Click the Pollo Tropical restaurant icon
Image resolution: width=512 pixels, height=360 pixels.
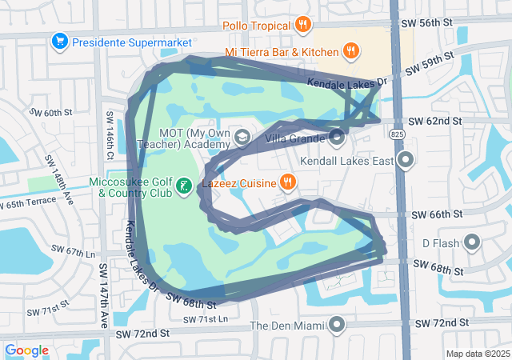(x=302, y=25)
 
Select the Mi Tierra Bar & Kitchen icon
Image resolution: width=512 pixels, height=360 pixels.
(x=350, y=53)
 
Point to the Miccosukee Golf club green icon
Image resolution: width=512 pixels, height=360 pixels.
(x=183, y=186)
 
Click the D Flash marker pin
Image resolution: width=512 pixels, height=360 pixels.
(x=472, y=242)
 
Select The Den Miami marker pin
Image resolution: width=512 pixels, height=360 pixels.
(x=337, y=325)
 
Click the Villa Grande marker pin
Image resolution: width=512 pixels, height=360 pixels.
(x=337, y=138)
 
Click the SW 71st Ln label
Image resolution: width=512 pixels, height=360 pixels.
(x=205, y=320)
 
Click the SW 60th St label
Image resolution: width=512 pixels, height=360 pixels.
(x=50, y=113)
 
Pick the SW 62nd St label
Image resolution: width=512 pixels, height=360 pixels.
(x=435, y=121)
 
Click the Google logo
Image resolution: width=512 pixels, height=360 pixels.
(x=26, y=350)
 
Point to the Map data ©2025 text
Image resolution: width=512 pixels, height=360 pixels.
(x=478, y=354)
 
